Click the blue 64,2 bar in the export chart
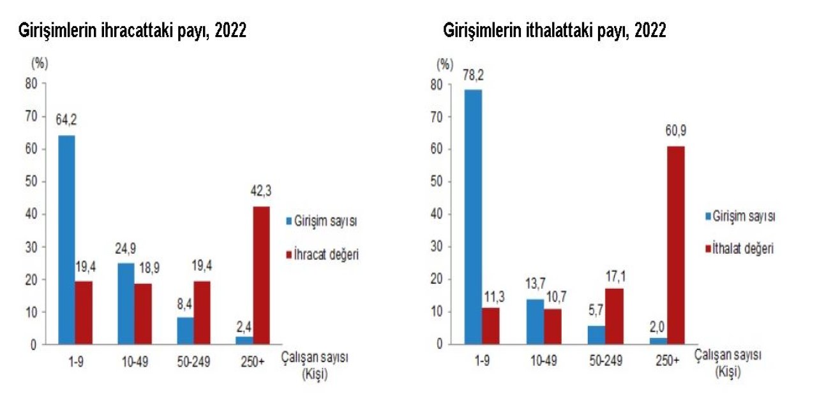coord(66,240)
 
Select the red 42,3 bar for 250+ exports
coord(261,275)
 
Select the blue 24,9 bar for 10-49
coord(126,303)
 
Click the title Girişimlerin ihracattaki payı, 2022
coord(132,31)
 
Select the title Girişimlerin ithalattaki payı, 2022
coord(555,31)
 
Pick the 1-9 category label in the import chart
coord(483,361)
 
